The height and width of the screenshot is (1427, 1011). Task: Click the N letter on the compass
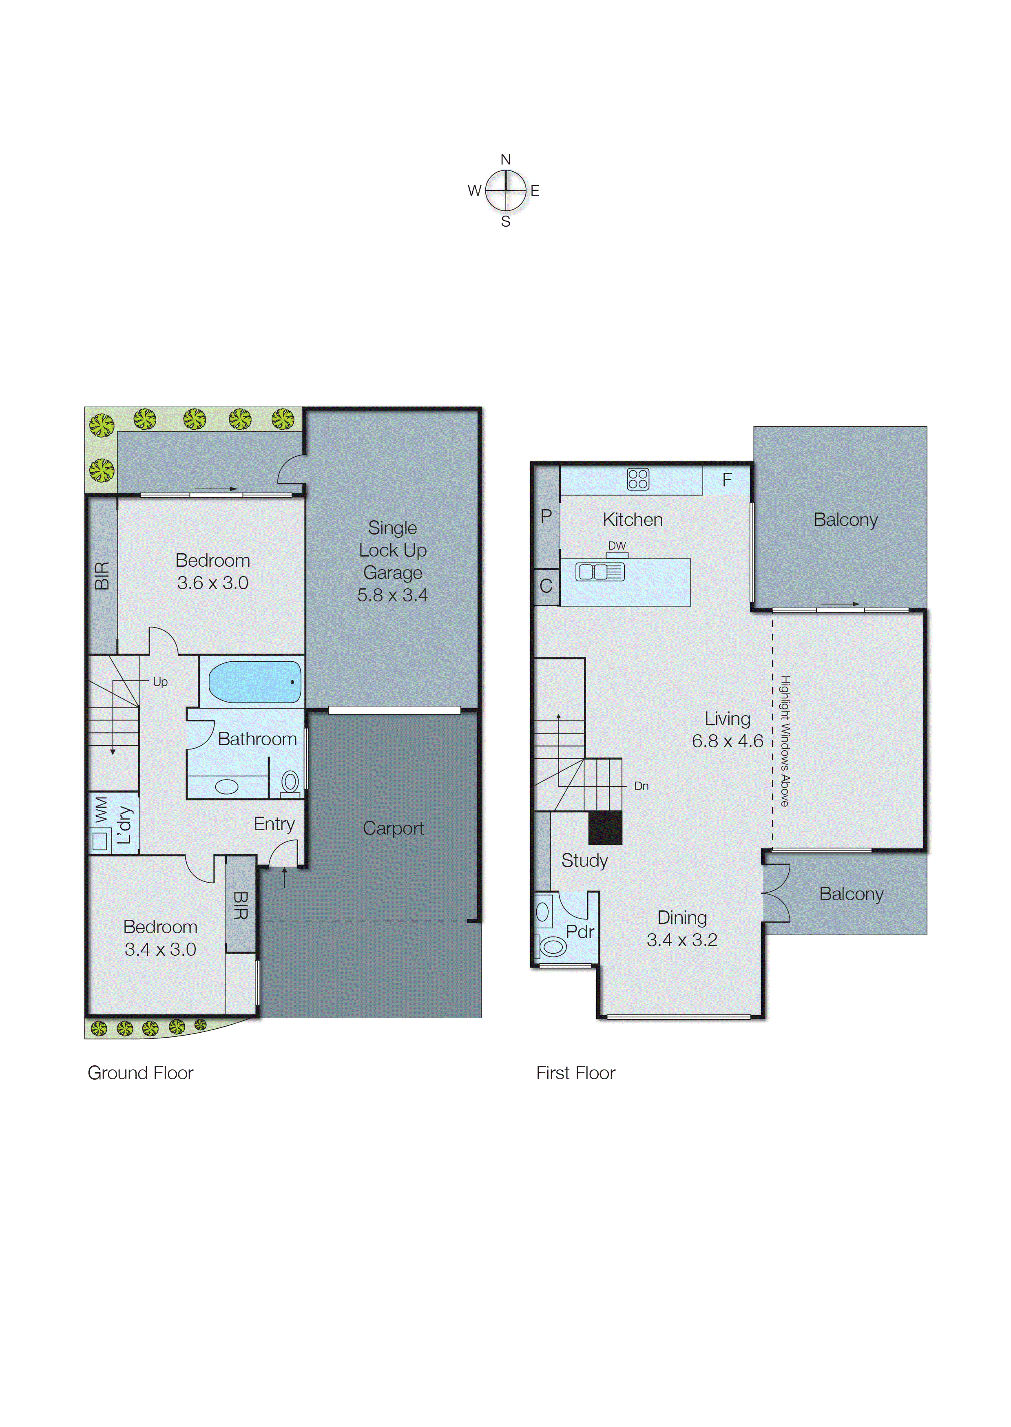[x=506, y=159]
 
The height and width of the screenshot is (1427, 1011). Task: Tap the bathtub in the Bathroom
[x=254, y=682]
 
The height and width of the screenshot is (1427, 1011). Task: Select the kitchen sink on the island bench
[x=600, y=571]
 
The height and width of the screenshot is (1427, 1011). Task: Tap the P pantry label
[x=546, y=516]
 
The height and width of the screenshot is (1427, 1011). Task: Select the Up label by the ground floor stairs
[x=160, y=682]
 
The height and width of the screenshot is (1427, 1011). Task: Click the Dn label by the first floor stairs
[x=641, y=786]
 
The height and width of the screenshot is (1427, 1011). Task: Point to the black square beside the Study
[x=605, y=827]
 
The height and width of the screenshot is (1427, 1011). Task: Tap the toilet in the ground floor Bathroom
[x=290, y=782]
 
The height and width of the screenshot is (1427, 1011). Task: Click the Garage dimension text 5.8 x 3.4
[x=392, y=595]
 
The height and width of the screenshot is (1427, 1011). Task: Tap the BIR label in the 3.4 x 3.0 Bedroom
[x=240, y=906]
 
